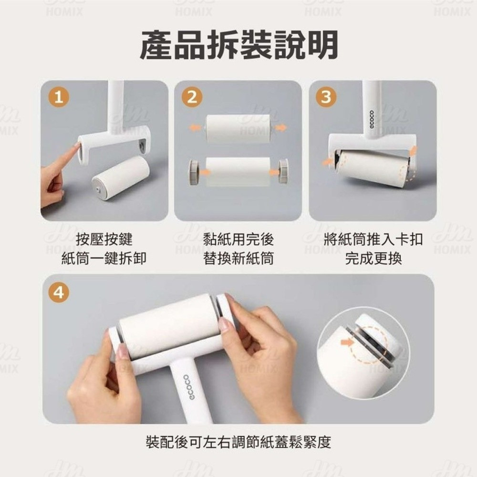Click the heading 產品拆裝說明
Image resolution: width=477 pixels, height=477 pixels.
point(239,45)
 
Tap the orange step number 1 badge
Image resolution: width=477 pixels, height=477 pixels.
point(59,97)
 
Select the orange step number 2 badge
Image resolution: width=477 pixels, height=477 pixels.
point(192,97)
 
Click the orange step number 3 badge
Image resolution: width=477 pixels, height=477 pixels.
point(326,97)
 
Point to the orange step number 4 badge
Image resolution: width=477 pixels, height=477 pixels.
point(59,293)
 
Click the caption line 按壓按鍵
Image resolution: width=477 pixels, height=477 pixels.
point(104,239)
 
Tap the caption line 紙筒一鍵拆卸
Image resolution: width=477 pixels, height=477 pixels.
point(104,258)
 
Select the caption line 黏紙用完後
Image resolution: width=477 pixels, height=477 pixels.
point(238,239)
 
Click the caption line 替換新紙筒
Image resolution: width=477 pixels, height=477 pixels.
point(238,258)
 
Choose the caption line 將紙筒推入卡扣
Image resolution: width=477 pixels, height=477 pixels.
point(373,239)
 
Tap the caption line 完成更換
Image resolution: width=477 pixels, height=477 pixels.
point(373,258)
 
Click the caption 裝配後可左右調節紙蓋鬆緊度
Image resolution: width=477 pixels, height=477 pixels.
point(238,442)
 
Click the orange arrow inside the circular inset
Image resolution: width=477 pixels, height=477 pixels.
point(347,343)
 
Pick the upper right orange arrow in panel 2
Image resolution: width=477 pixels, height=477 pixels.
point(281,127)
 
